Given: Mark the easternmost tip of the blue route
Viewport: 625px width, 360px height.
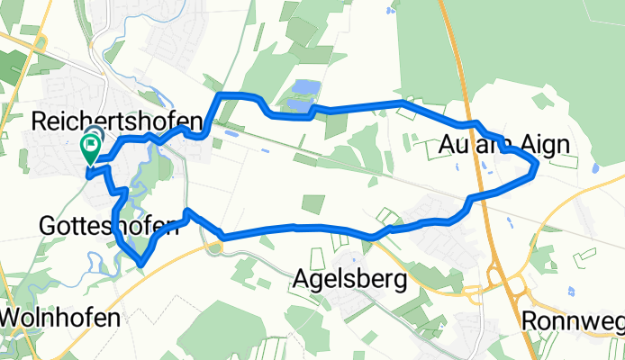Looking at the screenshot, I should (538, 164).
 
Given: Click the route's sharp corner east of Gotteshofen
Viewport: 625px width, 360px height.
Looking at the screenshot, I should (186, 211).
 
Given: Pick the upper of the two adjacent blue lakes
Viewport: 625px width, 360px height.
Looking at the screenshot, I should (303, 89).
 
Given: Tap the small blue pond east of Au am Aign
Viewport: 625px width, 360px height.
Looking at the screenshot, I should (593, 168).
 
